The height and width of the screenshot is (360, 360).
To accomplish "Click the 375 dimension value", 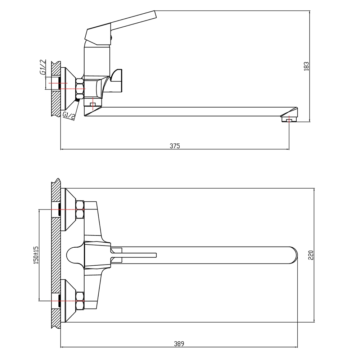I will [175, 145].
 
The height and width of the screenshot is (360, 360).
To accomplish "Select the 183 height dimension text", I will [306, 66].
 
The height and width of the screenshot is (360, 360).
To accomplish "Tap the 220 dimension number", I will [311, 255].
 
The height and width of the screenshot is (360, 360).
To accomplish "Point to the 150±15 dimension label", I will [35, 255].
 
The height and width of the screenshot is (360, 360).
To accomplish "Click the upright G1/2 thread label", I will [43, 68].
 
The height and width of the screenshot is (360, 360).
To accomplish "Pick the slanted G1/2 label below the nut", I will [69, 116].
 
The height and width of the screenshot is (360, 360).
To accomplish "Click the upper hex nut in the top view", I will [80, 210].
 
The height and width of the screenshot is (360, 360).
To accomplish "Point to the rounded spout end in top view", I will [292, 255].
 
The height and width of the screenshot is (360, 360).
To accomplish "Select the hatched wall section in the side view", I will [55, 88].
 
